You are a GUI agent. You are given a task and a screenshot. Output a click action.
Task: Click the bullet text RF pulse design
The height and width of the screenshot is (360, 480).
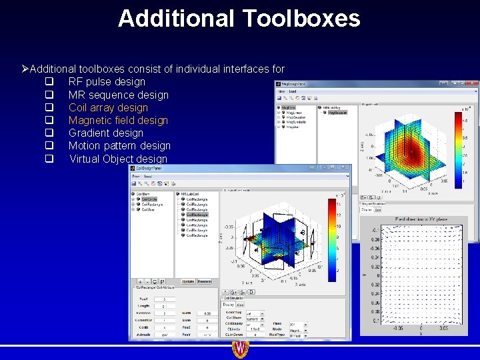[x=107, y=82]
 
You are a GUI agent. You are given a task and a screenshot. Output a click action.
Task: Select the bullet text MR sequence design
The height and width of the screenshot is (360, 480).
[x=119, y=95]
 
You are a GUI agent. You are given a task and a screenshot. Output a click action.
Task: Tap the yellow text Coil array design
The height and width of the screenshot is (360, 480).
[x=108, y=107]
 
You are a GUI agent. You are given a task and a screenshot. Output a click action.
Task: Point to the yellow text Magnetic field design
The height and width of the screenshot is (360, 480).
[x=118, y=120]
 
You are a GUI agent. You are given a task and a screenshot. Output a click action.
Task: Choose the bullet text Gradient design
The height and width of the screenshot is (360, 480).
[x=105, y=133]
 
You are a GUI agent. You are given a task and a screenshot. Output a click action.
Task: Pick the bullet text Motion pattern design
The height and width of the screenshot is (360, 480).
[x=119, y=145]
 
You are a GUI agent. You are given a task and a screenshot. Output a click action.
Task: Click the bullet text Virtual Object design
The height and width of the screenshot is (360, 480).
[x=118, y=159]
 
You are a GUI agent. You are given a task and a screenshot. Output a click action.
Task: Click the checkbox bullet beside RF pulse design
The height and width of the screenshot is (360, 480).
[x=49, y=82]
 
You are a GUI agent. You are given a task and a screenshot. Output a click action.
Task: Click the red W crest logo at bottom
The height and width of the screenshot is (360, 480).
[x=240, y=349]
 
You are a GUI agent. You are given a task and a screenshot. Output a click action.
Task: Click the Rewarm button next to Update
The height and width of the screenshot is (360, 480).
[x=204, y=281]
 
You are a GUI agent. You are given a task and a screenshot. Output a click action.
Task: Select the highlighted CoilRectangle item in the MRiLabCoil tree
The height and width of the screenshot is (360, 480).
[x=197, y=215]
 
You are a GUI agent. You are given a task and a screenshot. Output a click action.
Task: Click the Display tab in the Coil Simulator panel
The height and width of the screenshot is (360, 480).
[x=229, y=304]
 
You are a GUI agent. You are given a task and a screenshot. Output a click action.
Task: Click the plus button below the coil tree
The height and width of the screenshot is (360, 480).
[x=139, y=281]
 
